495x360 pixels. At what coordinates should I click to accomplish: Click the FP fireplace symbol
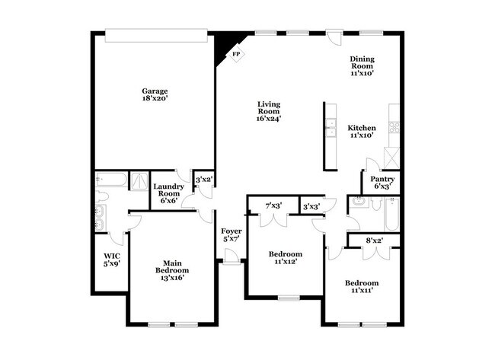click(x=236, y=55)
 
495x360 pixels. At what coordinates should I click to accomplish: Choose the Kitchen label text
click(x=362, y=127)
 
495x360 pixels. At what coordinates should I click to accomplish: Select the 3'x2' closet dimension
click(x=203, y=180)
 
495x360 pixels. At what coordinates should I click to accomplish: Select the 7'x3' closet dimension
click(x=273, y=206)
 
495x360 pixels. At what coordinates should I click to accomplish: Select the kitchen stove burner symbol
click(x=394, y=127)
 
